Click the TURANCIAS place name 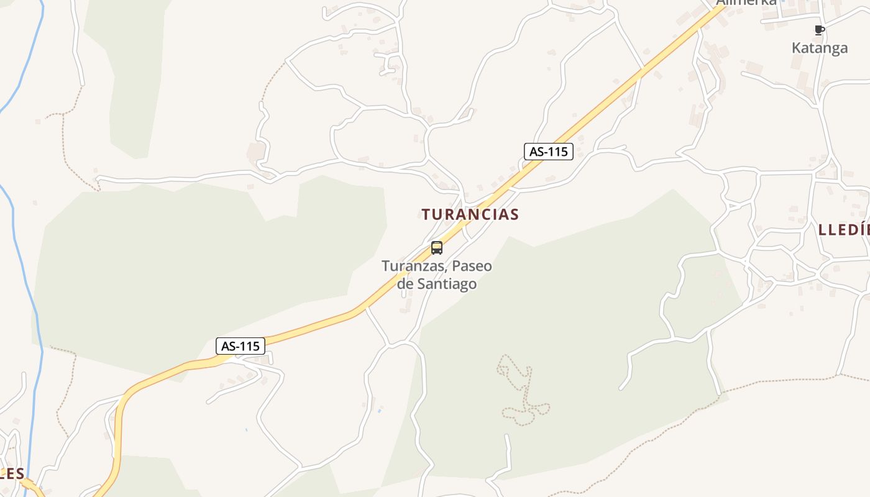point(470,214)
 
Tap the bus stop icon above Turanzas point(437,248)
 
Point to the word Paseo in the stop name point(472,266)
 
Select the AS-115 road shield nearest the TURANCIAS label point(548,152)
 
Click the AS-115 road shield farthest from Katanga point(240,346)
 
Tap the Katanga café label point(819,48)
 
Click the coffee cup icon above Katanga point(819,30)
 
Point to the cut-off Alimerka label point(746,2)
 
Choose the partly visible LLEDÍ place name point(844,230)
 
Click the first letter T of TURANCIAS point(426,214)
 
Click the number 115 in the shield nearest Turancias point(557,152)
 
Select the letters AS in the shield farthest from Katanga point(228,346)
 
